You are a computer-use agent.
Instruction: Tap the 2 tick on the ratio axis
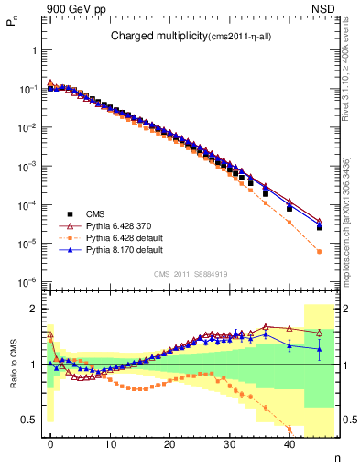tap(36, 309)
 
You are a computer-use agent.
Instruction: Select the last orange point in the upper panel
tap(319, 252)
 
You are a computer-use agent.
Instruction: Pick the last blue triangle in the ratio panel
tap(319, 348)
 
